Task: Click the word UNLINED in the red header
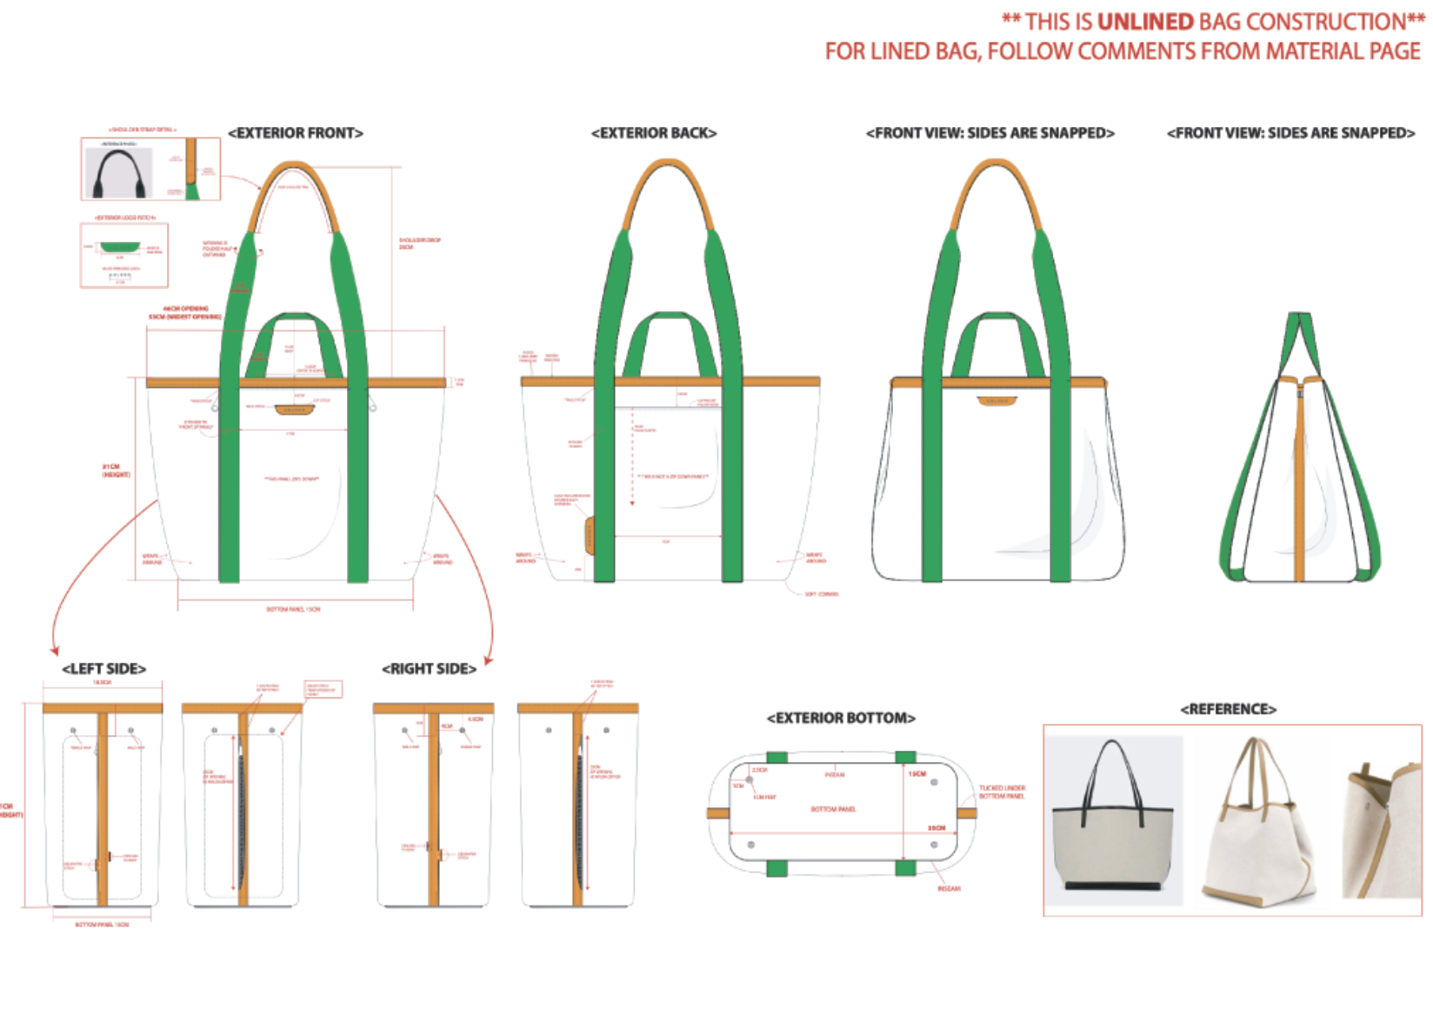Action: pyautogui.click(x=1145, y=22)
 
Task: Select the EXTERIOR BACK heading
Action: pyautogui.click(x=654, y=133)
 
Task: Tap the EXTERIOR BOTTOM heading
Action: pyautogui.click(x=841, y=718)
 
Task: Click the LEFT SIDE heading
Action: pyautogui.click(x=103, y=668)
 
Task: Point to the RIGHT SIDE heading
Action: pyautogui.click(x=429, y=668)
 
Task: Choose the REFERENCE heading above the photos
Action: pyautogui.click(x=1228, y=709)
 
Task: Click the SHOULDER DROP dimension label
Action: pyautogui.click(x=419, y=244)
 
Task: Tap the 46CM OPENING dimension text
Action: pyautogui.click(x=185, y=309)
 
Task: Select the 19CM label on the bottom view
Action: pyautogui.click(x=917, y=773)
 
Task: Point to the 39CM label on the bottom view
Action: pyautogui.click(x=936, y=828)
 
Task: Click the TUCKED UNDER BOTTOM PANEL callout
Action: pyautogui.click(x=1002, y=792)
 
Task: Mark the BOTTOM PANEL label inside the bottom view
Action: pyautogui.click(x=833, y=809)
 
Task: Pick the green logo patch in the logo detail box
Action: pyautogui.click(x=120, y=247)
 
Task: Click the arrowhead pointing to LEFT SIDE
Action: pyautogui.click(x=55, y=649)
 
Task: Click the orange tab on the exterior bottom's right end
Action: pyautogui.click(x=967, y=813)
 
